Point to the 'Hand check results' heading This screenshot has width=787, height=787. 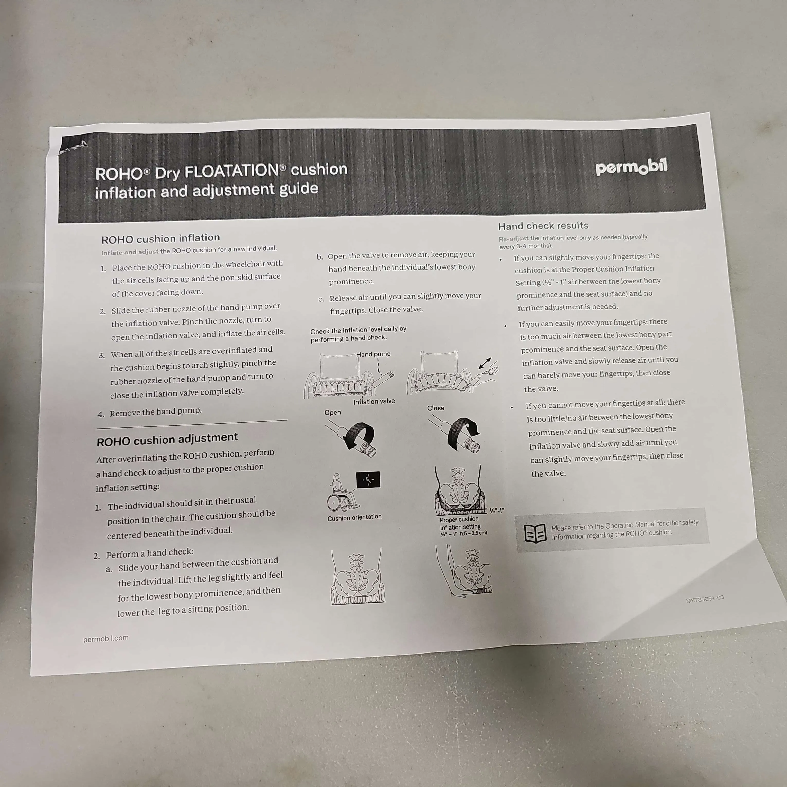(x=543, y=226)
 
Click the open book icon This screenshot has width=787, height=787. (x=535, y=533)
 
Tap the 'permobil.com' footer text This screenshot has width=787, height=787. (x=106, y=639)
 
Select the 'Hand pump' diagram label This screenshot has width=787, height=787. (x=373, y=354)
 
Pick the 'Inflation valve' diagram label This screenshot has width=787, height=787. (x=374, y=401)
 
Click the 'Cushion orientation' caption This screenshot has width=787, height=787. (x=354, y=517)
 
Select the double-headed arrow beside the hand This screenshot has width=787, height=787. (x=485, y=363)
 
